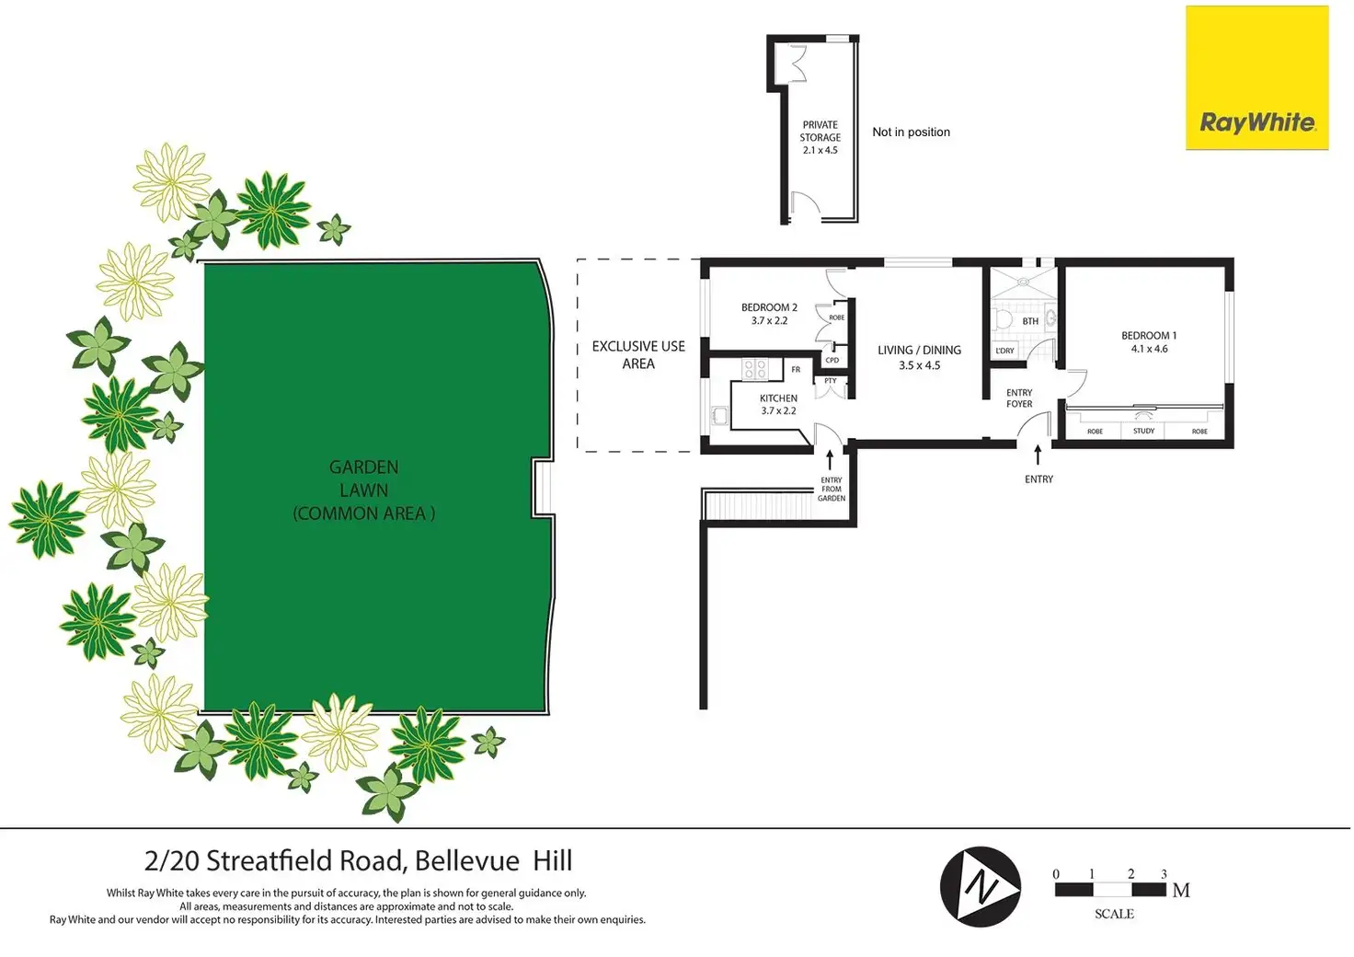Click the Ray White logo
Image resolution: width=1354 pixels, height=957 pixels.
pos(1256,78)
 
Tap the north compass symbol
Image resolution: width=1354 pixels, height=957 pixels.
pos(981,887)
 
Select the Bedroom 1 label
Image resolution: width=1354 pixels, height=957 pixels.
pos(1149,342)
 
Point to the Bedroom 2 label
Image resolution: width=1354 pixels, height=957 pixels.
pos(769,314)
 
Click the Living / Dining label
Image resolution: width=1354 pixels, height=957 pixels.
pos(919,357)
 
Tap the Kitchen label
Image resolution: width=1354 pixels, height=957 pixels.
pos(778,405)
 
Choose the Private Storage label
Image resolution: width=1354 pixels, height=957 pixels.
pos(820,137)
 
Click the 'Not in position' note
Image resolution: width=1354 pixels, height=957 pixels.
pos(911,133)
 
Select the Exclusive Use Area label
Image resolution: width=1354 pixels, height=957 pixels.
pos(638,354)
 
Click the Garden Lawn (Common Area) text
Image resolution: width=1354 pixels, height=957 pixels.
pos(364,490)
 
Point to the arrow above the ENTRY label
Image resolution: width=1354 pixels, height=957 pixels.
pos(1038,455)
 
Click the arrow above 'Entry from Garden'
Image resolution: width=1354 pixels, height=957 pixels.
pos(831,459)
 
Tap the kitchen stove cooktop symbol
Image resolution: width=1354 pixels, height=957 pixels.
pos(755,369)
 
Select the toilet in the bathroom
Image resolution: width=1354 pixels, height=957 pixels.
pos(1004,319)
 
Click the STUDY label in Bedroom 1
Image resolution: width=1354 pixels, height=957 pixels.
pos(1143,431)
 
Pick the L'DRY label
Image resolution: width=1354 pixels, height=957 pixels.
pos(1004,351)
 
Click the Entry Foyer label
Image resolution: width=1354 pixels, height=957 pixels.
pos(1019,398)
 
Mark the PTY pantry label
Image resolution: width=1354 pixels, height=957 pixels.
pos(831,381)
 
